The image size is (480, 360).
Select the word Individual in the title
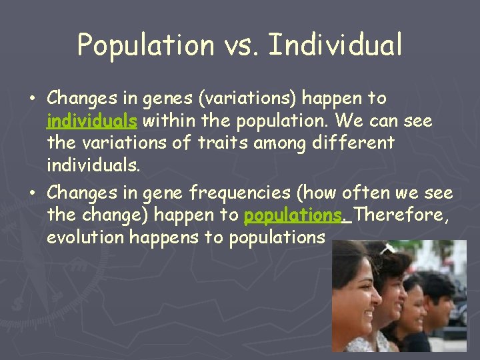click(336, 45)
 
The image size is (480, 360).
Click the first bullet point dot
click(32, 99)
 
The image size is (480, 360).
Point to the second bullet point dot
click(32, 193)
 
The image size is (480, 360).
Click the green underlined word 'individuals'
click(92, 121)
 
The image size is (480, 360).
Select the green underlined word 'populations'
click(293, 216)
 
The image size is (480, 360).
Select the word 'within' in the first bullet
click(164, 121)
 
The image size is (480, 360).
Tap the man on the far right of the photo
click(439, 300)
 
